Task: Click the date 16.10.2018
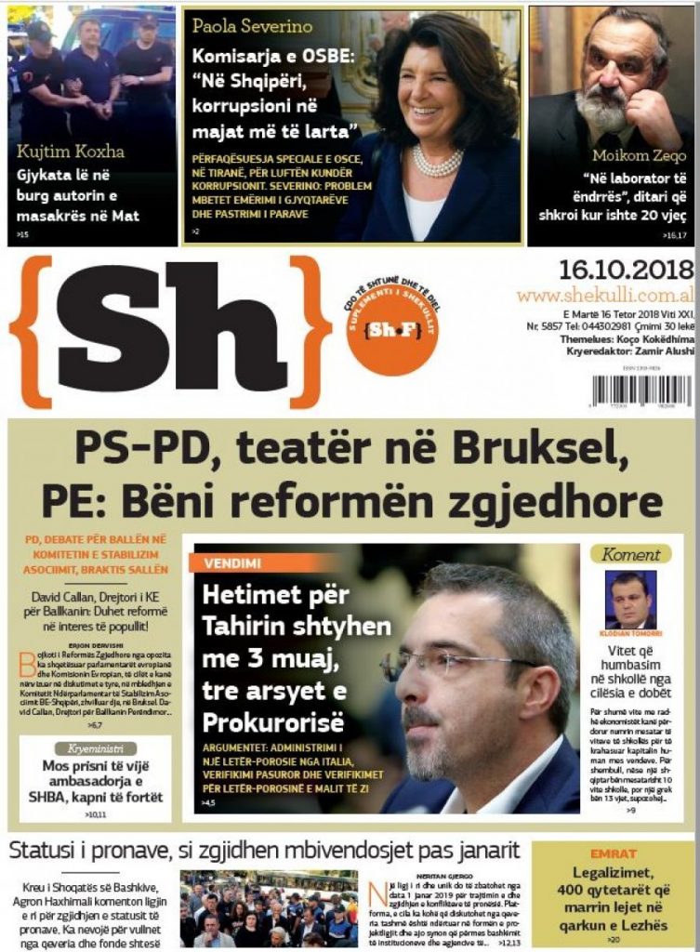pos(626,270)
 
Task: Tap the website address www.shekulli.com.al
pos(605,295)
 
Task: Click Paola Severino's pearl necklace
pos(437,164)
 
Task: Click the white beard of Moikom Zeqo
pos(603,108)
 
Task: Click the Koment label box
pos(630,555)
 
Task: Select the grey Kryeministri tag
pos(96,748)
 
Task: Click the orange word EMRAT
pos(613,853)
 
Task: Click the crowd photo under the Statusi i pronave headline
pos(269,907)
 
